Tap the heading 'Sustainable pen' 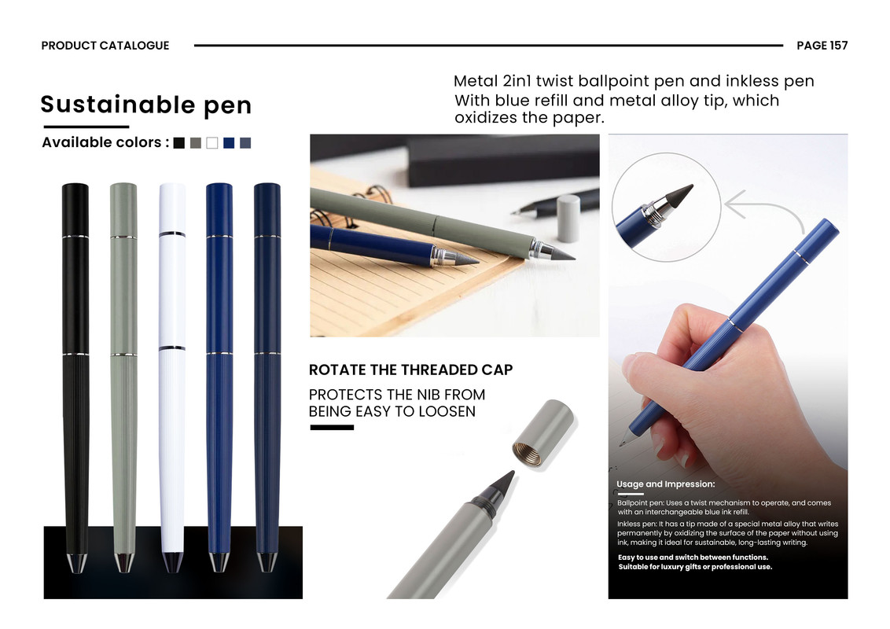(x=146, y=105)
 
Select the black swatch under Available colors (x=178, y=143)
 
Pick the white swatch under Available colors (x=211, y=143)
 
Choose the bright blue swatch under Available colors (x=229, y=143)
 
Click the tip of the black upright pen (x=76, y=571)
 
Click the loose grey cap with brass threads (x=543, y=434)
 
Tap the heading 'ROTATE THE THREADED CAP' (x=410, y=370)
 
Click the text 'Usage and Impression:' (x=666, y=484)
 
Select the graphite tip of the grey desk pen (x=563, y=254)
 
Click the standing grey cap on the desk (x=568, y=218)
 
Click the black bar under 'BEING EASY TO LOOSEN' (x=332, y=428)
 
